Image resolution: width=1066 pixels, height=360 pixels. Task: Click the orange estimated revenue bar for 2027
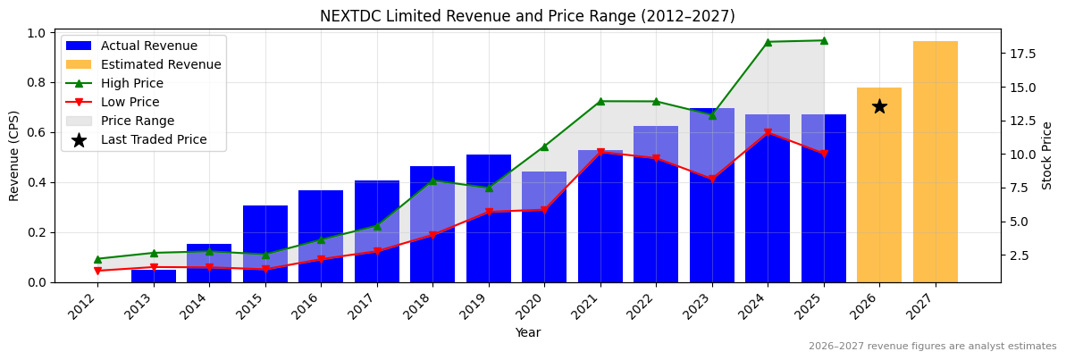click(x=935, y=162)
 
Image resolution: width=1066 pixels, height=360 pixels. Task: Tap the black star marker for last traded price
click(x=879, y=106)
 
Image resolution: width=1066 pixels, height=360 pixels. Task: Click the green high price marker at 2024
click(x=768, y=42)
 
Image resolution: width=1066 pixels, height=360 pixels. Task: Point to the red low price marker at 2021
click(x=600, y=153)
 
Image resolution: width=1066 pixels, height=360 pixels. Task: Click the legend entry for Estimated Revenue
click(x=161, y=64)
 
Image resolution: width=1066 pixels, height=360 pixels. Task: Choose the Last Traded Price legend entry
click(x=154, y=139)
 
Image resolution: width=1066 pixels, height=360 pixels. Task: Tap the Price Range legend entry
click(x=138, y=121)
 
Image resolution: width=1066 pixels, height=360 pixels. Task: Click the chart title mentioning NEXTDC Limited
click(x=527, y=16)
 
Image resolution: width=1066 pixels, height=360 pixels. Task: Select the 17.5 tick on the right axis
click(x=1022, y=54)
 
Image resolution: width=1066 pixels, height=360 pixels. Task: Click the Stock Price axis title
click(x=1047, y=155)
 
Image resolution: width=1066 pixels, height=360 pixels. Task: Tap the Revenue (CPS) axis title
click(x=14, y=155)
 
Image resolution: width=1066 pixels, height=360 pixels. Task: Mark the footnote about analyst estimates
click(x=932, y=347)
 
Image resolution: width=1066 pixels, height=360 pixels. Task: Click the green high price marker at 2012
click(x=97, y=259)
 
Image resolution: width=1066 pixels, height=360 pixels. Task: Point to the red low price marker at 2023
click(x=712, y=180)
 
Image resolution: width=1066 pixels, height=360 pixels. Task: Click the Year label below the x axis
click(x=527, y=332)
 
